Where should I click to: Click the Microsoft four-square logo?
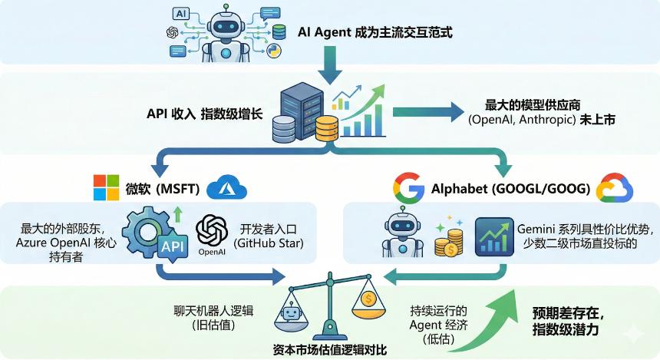pyautogui.click(x=106, y=187)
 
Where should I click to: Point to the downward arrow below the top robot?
pyautogui.click(x=332, y=64)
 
